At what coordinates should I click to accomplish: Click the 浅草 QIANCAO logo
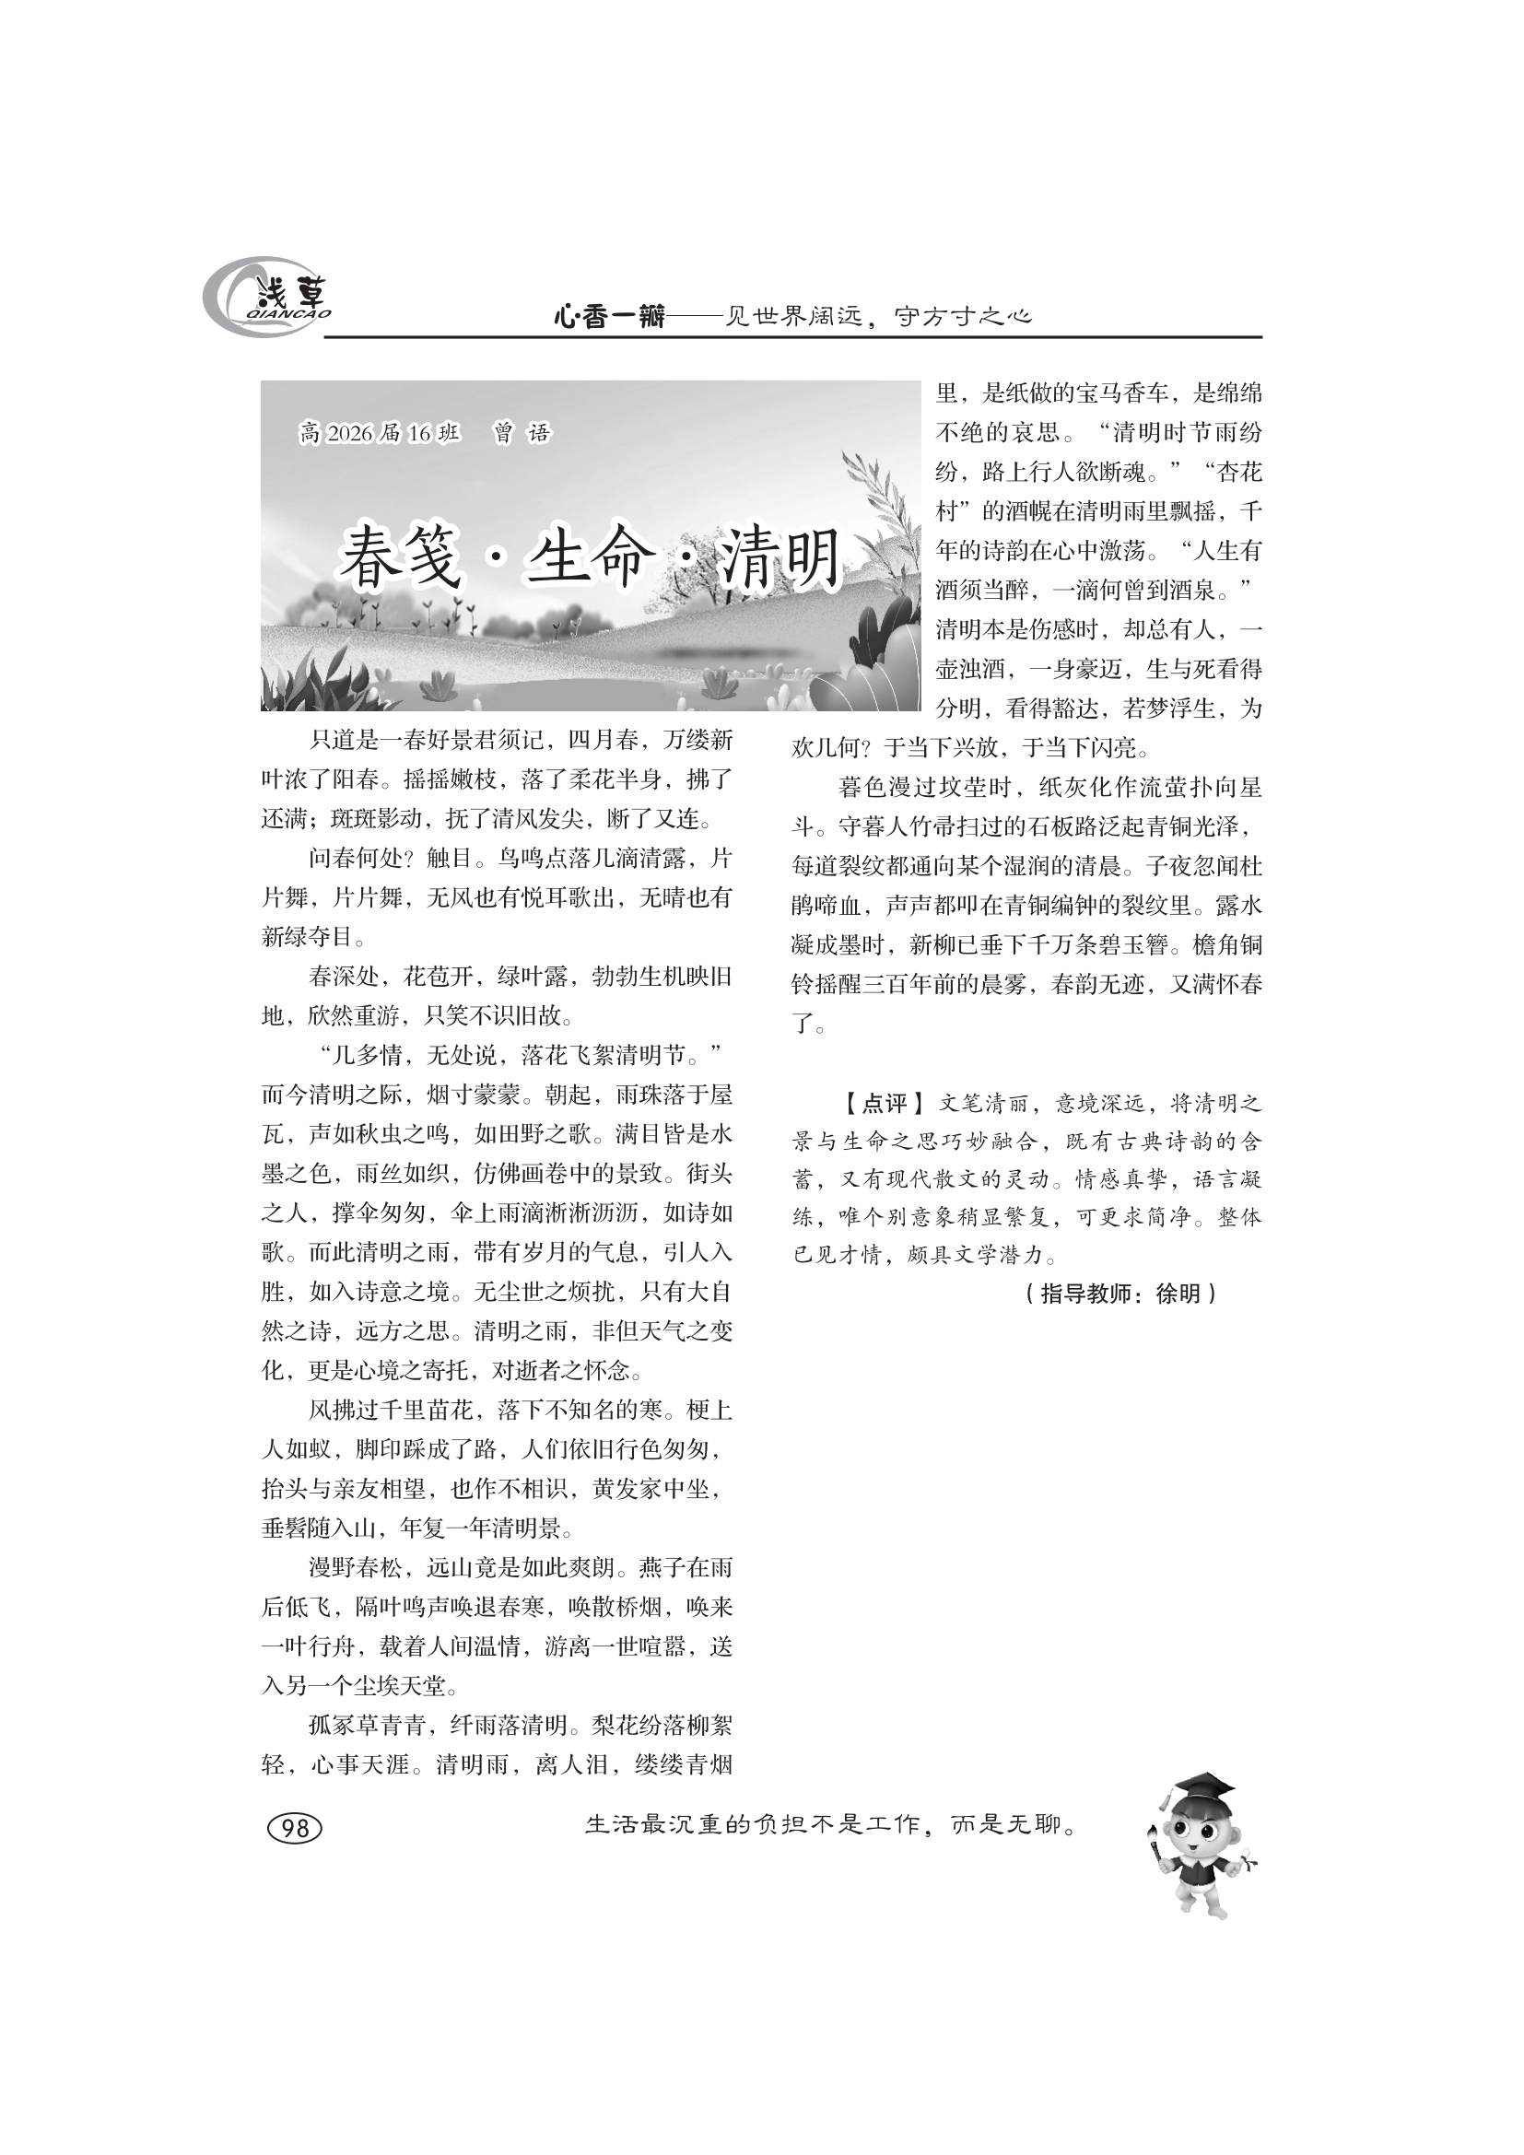pyautogui.click(x=267, y=299)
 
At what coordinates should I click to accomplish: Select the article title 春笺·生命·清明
pyautogui.click(x=589, y=557)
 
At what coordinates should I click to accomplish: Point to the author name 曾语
pyautogui.click(x=522, y=434)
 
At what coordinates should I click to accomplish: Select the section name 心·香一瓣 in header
pyautogui.click(x=609, y=317)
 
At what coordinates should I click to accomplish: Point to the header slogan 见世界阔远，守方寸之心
pyautogui.click(x=880, y=317)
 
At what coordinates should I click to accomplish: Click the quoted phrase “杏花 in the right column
pyautogui.click(x=1230, y=473)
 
